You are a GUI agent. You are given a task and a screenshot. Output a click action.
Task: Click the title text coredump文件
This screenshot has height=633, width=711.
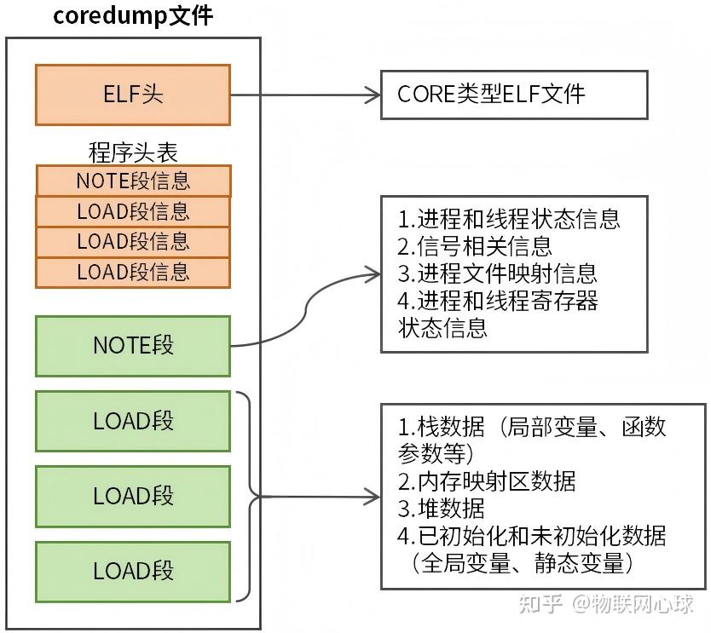point(133,16)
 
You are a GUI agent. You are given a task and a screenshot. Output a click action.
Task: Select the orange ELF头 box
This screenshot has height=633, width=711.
point(133,95)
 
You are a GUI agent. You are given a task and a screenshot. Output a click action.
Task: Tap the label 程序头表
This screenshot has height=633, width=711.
point(133,152)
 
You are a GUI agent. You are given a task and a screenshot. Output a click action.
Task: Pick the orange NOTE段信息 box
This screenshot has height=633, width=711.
point(133,181)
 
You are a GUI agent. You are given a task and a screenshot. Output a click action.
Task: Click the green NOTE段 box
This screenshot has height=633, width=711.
point(133,346)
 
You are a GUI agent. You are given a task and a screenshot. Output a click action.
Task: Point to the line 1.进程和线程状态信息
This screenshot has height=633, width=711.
point(509,219)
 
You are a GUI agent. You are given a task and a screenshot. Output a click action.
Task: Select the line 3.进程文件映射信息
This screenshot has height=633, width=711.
point(498,273)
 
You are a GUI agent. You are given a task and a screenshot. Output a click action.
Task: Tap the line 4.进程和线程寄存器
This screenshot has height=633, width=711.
point(498,301)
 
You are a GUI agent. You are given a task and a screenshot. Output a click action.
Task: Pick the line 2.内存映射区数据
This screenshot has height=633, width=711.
point(487,481)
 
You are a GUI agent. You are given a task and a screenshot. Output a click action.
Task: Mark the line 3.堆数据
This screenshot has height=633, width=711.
point(441,508)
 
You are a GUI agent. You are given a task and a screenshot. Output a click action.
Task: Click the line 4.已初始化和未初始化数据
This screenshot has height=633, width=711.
point(532,536)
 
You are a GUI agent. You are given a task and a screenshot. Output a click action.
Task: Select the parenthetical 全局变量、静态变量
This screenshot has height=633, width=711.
point(522,563)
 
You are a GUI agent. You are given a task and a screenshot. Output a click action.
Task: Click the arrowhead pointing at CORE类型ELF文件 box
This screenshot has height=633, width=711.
point(373,95)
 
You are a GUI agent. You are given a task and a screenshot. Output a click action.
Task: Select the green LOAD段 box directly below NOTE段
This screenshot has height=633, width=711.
point(133,421)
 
